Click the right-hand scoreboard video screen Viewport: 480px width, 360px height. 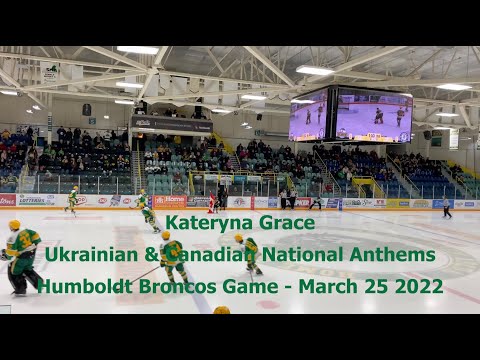[373, 116]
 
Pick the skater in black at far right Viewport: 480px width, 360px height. [447, 208]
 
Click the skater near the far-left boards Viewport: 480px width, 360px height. [72, 200]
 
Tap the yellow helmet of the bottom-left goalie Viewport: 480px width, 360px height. [15, 225]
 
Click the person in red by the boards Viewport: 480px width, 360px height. [211, 203]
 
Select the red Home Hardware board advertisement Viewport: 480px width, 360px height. [169, 201]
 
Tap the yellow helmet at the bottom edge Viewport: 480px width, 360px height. [221, 310]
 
